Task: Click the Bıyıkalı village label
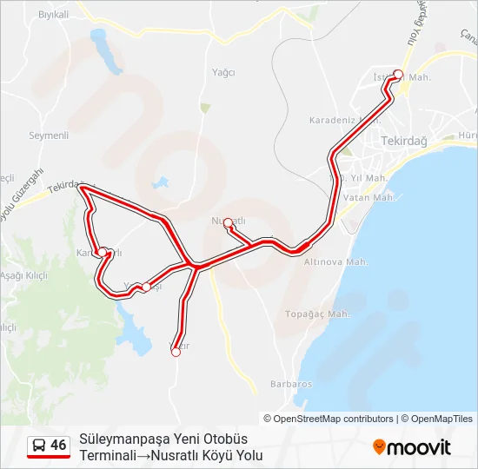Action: click(53, 16)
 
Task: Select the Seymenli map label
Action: click(49, 135)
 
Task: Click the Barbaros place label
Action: click(290, 383)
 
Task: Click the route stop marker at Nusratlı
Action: click(228, 223)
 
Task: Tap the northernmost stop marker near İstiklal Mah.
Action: click(398, 74)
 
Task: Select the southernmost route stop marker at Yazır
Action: click(176, 352)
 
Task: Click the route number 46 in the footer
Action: click(58, 445)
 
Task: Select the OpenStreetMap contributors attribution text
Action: click(333, 419)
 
